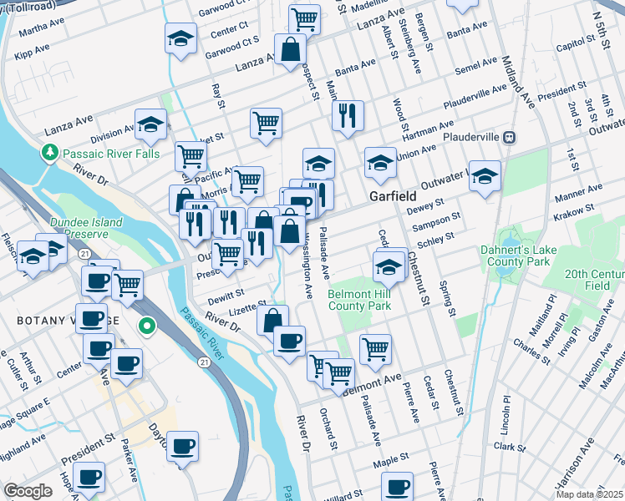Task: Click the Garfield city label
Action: [393, 195]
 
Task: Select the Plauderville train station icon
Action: [508, 137]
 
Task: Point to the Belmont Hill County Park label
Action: [360, 301]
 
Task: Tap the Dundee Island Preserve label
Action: [85, 228]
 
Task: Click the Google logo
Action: [28, 491]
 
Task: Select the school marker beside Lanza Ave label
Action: [150, 125]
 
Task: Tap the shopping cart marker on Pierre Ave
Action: [375, 350]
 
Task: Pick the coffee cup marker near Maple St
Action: [398, 487]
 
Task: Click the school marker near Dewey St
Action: [485, 176]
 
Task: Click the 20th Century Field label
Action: [594, 280]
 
